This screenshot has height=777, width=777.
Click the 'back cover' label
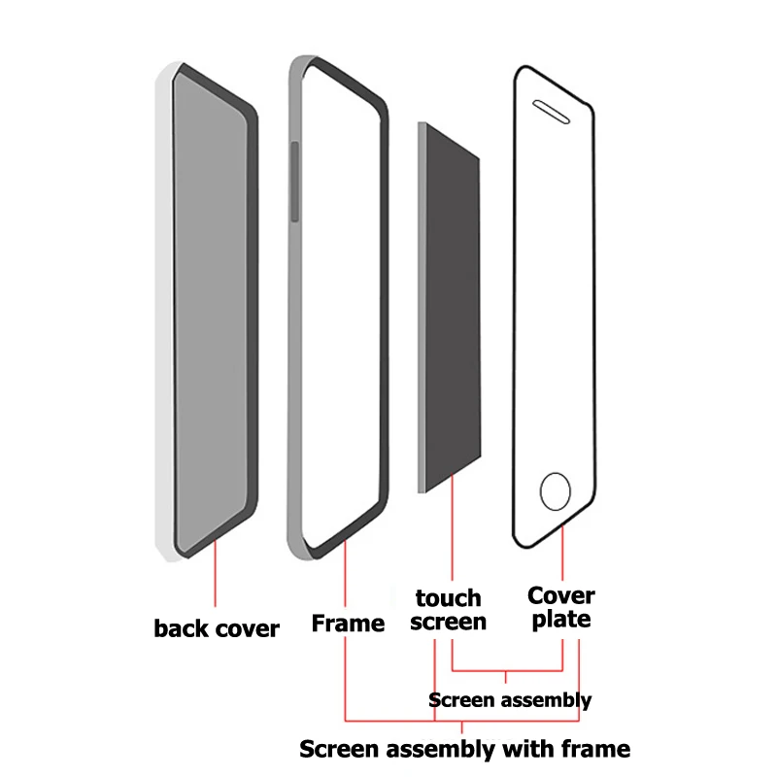(x=217, y=628)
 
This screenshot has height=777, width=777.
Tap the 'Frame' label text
(x=348, y=624)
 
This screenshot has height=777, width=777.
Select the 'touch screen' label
(x=448, y=610)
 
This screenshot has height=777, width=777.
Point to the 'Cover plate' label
(x=561, y=607)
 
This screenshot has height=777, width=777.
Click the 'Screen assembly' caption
(x=510, y=699)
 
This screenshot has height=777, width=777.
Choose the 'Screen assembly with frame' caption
(x=464, y=749)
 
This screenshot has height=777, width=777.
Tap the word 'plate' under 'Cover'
(x=561, y=620)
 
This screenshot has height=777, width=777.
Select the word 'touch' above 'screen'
(x=448, y=597)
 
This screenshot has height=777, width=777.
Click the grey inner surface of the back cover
(x=210, y=311)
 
